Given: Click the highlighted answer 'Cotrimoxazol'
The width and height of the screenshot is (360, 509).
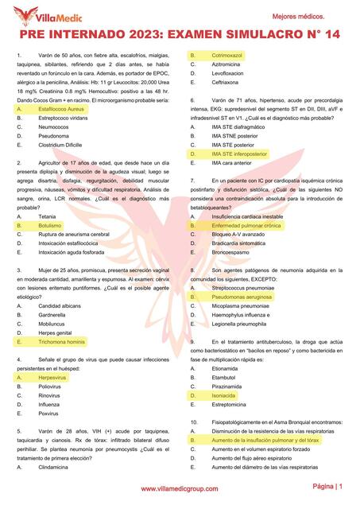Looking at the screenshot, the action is tap(226, 54).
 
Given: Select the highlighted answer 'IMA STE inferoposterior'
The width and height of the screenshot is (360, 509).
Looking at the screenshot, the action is tap(239, 153).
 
